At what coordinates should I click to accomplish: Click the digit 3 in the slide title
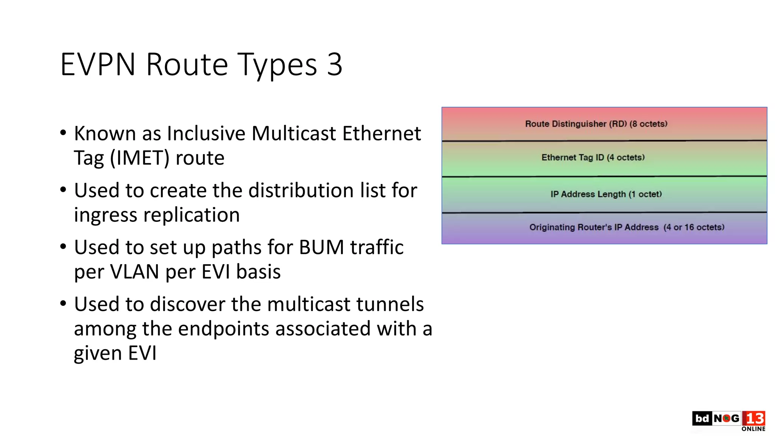[x=335, y=65]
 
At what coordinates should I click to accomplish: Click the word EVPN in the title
[x=98, y=65]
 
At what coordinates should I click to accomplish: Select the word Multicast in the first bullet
[x=294, y=133]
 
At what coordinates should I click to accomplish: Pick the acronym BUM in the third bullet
[x=321, y=247]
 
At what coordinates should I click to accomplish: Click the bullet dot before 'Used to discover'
[x=63, y=303]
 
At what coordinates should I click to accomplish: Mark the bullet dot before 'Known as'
[x=63, y=132]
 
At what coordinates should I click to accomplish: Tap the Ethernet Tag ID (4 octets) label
[x=593, y=157]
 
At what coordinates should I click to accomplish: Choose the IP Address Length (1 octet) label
[x=606, y=194]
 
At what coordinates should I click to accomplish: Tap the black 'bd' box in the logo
[x=702, y=419]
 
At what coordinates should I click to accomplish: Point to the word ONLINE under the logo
[x=753, y=429]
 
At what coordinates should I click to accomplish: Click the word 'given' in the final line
[x=98, y=353]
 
